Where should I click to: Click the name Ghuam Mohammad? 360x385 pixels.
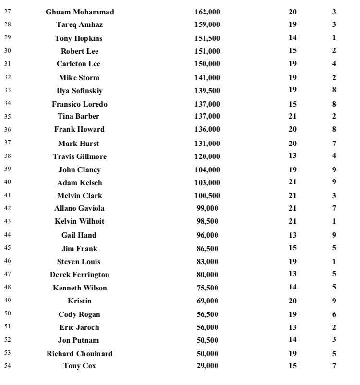(80, 12)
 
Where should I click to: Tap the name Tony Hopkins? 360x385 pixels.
(78, 38)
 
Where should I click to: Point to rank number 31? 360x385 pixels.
(7, 63)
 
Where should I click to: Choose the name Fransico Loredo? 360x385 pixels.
(80, 104)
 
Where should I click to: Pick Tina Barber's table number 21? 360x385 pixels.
(293, 116)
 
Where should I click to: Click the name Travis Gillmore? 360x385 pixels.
(80, 156)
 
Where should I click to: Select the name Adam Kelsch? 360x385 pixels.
(80, 183)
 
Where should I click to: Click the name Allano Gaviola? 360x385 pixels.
(80, 208)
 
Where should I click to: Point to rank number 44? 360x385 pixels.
(7, 234)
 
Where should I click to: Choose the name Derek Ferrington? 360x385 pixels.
(80, 275)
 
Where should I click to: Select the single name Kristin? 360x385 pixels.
(80, 301)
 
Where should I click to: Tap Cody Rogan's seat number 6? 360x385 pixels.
(334, 315)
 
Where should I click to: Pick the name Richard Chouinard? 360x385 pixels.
(80, 354)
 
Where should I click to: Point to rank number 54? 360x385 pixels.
(7, 365)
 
